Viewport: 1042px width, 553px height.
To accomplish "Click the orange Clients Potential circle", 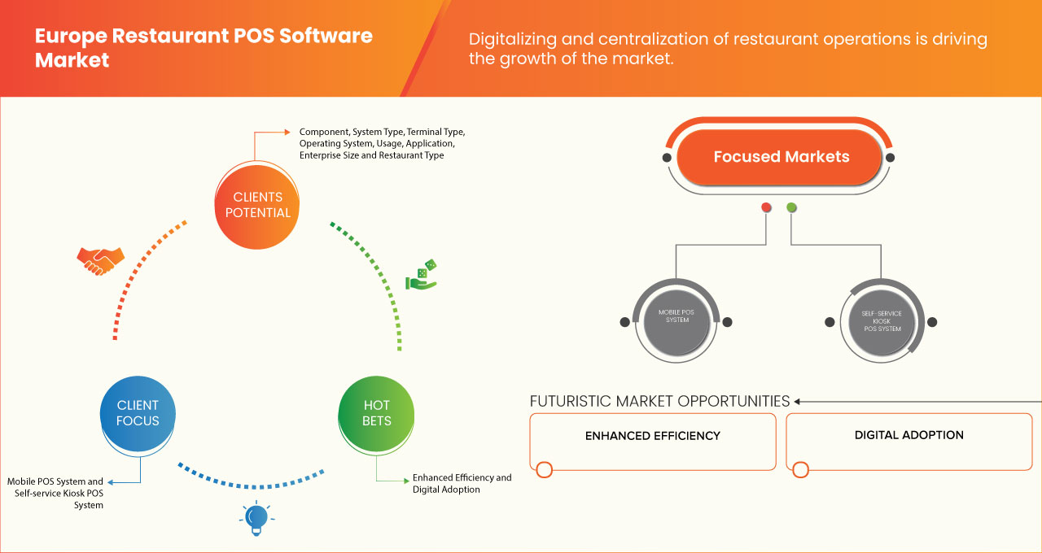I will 256,205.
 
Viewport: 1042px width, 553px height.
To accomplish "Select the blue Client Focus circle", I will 138,413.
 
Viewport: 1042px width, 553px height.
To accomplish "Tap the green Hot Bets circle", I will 376,413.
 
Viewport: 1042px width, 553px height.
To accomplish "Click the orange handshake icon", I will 100,260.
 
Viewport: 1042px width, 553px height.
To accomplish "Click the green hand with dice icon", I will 422,276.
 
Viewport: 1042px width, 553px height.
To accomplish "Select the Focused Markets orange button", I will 781,157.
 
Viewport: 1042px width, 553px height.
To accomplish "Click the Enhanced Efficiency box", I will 652,440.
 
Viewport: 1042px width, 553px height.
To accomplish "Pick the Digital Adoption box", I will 908,440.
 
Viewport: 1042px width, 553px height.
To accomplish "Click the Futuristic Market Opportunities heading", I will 659,401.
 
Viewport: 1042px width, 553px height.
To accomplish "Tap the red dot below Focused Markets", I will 766,208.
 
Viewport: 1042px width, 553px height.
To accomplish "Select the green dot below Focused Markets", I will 791,208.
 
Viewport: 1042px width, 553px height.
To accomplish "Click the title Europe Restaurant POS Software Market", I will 204,48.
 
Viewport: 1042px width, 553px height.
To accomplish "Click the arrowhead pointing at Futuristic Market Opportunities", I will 799,401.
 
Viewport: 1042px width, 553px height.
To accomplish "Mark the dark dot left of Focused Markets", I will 667,157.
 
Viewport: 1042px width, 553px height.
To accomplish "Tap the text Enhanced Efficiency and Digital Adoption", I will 462,483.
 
